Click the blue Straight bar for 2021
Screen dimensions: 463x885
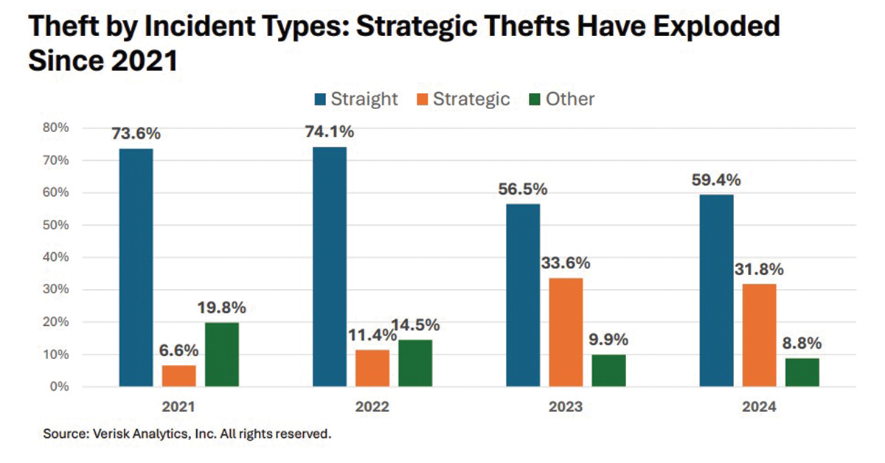[136, 268]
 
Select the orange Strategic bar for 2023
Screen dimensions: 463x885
[566, 332]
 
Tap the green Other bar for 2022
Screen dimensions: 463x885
[415, 363]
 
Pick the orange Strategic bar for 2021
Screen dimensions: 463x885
[179, 376]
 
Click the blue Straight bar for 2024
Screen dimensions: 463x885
[716, 290]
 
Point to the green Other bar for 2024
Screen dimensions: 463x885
[802, 372]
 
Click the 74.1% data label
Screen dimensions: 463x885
[329, 133]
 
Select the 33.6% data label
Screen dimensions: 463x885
[566, 264]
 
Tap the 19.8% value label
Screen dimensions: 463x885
[221, 308]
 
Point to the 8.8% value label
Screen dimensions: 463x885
[802, 344]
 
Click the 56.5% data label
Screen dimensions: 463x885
[523, 189]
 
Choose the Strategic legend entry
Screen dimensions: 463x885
[471, 99]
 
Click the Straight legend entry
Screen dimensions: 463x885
[364, 99]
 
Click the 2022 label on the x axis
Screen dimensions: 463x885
[372, 406]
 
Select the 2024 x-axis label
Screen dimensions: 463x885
[759, 406]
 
